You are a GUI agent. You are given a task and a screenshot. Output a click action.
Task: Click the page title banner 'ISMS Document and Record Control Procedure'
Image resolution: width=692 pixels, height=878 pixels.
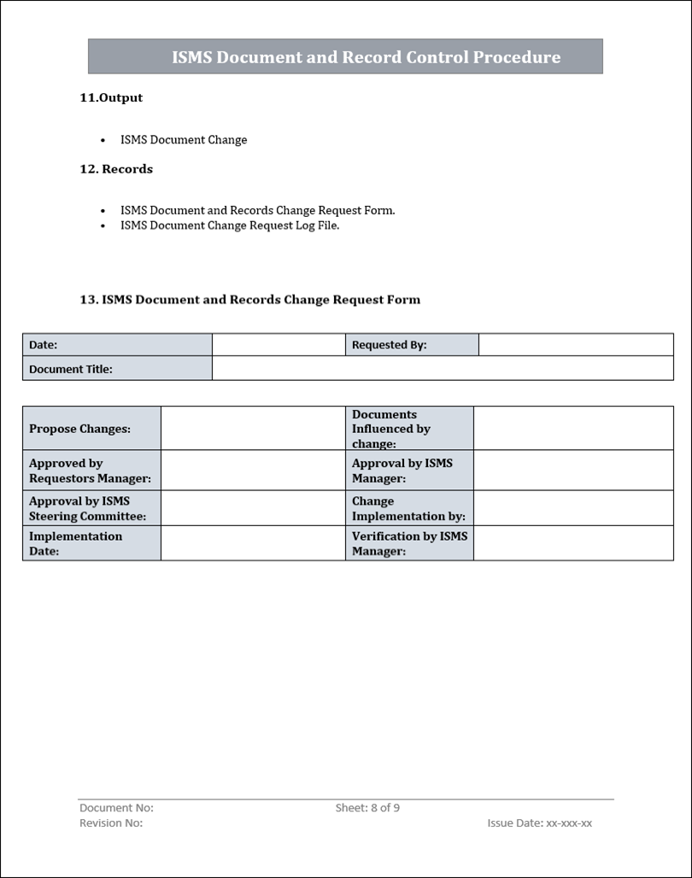point(345,56)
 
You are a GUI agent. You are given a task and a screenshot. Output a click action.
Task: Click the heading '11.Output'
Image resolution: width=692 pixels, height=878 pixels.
point(111,97)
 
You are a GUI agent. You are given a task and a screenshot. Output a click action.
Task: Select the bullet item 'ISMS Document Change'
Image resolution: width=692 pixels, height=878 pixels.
point(184,140)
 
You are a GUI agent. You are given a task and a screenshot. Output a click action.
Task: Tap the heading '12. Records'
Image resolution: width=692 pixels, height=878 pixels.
point(116,169)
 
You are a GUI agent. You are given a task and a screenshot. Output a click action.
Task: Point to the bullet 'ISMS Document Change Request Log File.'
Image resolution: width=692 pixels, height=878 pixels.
point(230,225)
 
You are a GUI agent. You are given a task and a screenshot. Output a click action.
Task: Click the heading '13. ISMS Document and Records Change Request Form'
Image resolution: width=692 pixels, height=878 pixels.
point(249,300)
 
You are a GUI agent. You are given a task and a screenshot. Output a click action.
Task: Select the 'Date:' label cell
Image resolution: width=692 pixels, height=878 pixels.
point(117,345)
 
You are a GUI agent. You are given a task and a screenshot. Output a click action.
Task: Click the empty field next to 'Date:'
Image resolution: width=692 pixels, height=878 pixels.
point(279,345)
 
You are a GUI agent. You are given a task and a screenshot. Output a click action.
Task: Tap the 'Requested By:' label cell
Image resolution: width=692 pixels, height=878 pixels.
point(412,345)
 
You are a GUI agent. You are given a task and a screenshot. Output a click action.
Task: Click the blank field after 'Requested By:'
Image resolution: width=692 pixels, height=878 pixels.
point(576,345)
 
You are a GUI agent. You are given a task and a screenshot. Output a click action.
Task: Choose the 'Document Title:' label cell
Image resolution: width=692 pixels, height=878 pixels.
point(117,369)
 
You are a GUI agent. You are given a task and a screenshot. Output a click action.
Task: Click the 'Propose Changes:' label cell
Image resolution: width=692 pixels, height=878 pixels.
point(91,429)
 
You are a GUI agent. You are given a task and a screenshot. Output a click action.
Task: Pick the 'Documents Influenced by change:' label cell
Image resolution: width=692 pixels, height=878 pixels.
point(409,429)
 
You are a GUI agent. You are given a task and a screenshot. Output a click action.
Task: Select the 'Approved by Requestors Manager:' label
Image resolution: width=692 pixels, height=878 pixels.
point(91,471)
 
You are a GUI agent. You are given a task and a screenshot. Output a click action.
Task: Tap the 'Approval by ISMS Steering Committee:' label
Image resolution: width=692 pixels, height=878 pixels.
point(91,508)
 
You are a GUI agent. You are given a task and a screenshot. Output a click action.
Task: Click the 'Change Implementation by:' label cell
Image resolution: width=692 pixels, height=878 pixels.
point(409,508)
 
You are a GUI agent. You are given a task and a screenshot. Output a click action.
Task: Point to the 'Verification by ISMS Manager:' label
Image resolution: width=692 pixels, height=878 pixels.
point(409,543)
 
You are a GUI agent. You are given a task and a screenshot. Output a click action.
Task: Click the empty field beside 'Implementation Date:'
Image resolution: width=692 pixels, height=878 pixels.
point(253,543)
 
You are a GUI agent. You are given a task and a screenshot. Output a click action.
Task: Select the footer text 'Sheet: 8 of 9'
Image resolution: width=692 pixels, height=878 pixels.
point(367,808)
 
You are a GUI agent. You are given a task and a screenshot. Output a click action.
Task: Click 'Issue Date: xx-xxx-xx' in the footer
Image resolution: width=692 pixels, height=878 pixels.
point(539,823)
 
